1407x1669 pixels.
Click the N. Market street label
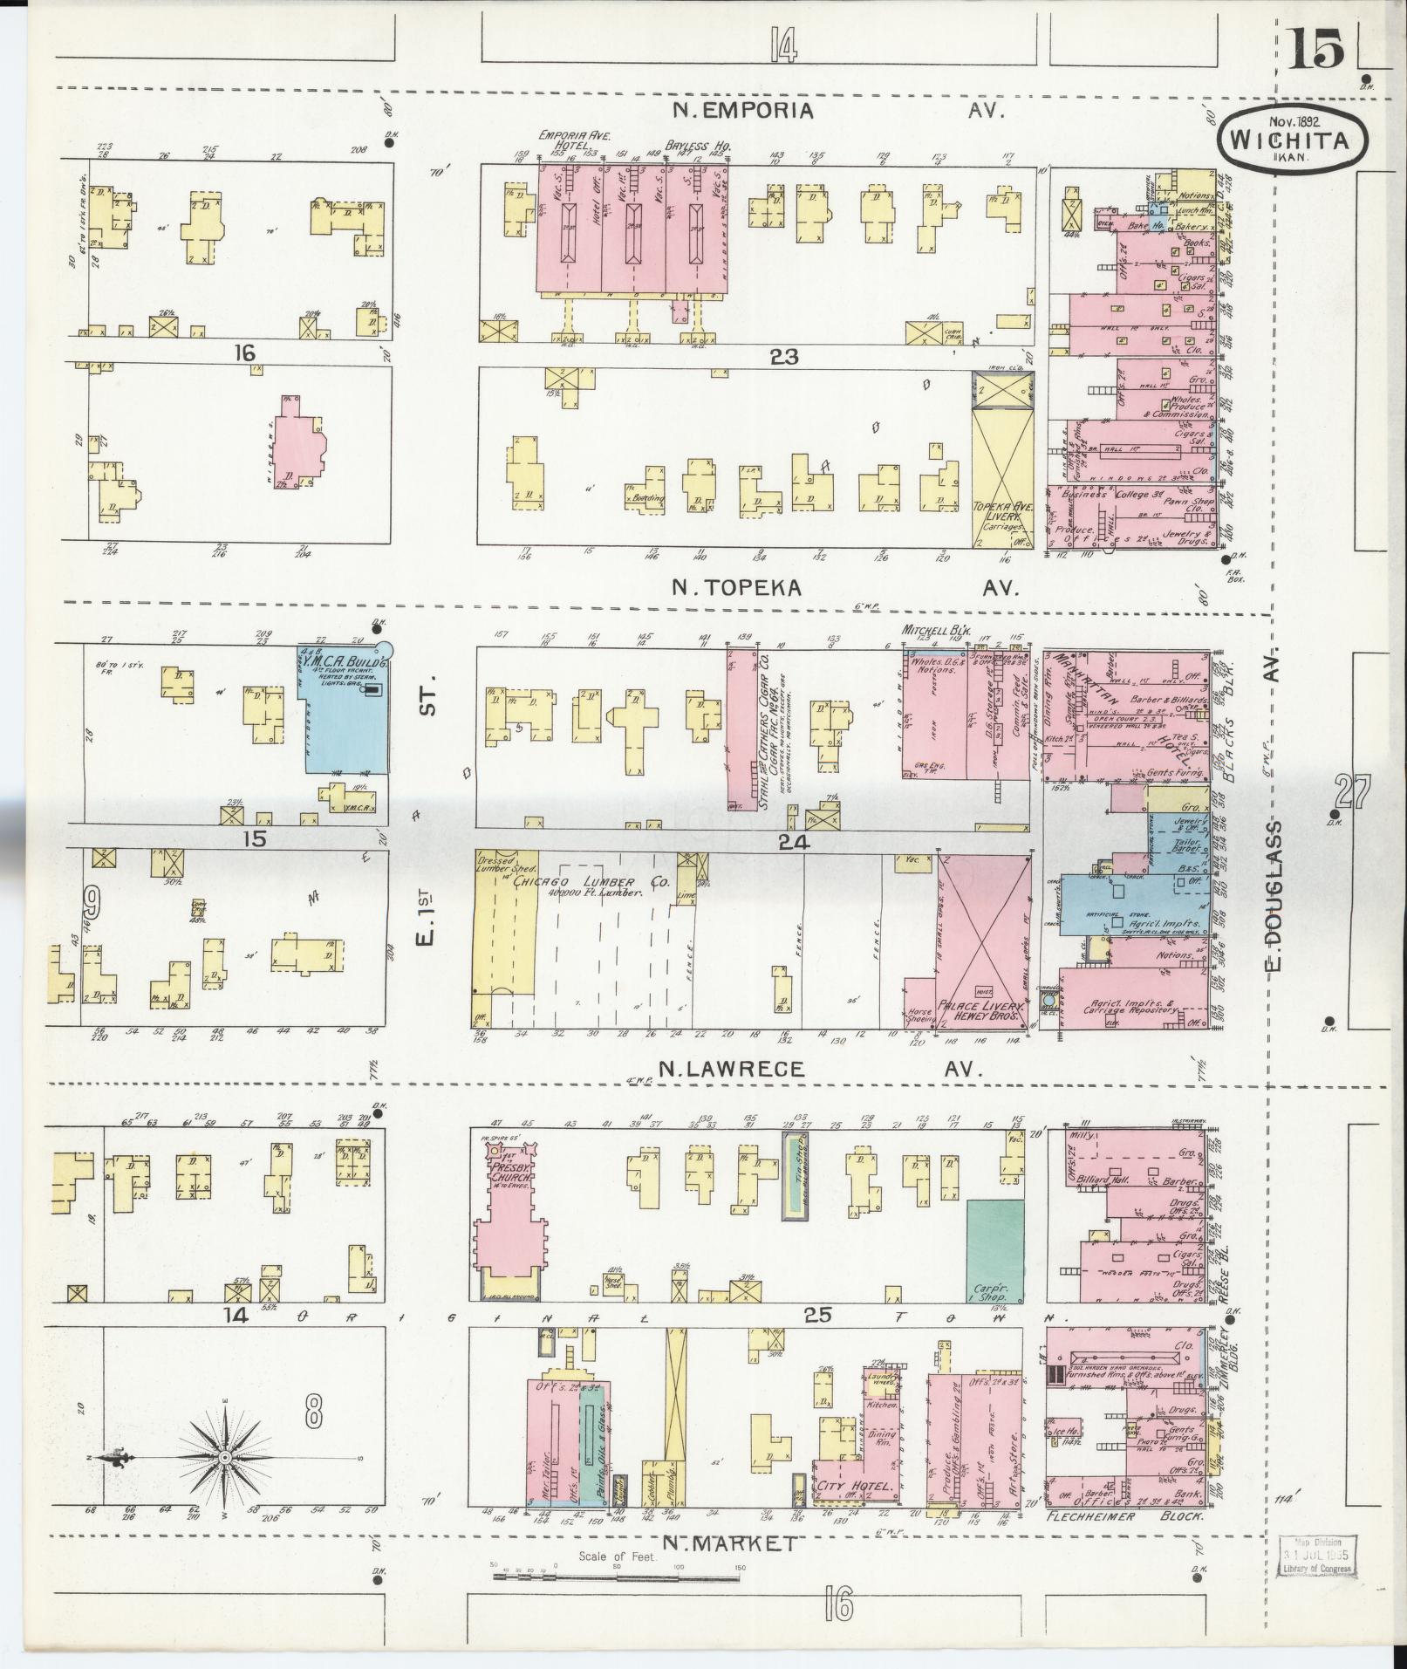coord(728,1543)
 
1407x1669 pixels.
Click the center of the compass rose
coord(225,1458)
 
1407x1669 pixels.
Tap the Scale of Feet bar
coord(616,1577)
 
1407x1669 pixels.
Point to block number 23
coord(779,356)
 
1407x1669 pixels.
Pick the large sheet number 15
coord(1315,51)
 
